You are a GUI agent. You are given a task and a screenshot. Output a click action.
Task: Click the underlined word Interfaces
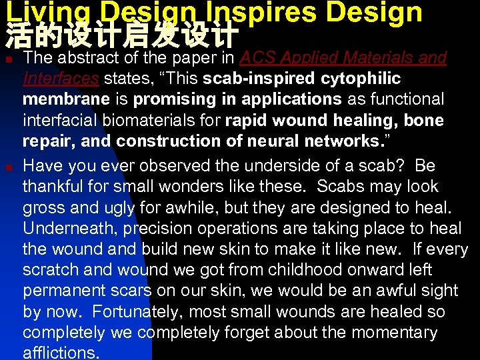(x=61, y=79)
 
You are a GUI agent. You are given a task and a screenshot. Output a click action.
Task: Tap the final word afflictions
(x=61, y=352)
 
